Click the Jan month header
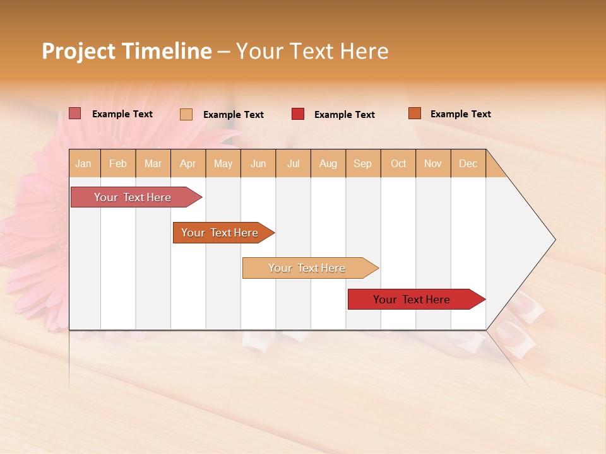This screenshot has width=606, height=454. click(x=83, y=163)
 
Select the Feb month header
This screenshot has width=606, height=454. click(x=118, y=163)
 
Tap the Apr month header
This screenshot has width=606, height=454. click(x=187, y=163)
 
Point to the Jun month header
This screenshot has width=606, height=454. click(x=258, y=163)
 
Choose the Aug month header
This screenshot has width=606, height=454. click(x=328, y=163)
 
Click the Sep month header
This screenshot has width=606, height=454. click(x=362, y=163)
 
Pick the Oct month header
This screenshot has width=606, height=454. click(x=398, y=163)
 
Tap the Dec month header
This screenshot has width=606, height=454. click(x=468, y=163)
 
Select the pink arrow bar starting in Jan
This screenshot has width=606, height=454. click(x=133, y=197)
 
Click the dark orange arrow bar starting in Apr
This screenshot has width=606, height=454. click(x=220, y=233)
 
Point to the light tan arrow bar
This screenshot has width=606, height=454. click(x=307, y=268)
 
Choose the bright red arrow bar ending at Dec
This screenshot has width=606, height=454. click(x=412, y=300)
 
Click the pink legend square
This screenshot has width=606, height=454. click(x=75, y=113)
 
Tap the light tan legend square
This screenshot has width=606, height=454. click(x=186, y=114)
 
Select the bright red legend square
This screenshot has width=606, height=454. click(x=298, y=114)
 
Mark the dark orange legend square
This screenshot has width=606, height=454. click(x=415, y=113)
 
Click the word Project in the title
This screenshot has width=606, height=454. click(x=79, y=51)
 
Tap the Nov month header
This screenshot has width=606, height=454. click(x=433, y=163)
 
